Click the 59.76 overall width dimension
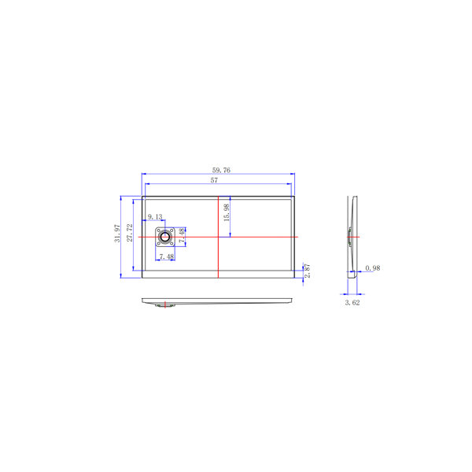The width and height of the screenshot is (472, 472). tap(221, 170)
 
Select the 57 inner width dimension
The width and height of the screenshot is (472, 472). tap(214, 180)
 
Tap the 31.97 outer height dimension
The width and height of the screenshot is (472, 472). tap(116, 234)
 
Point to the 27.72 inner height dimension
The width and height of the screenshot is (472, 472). tap(130, 233)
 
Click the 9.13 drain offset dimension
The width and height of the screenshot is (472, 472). tap(155, 217)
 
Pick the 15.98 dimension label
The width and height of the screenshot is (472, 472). tap(227, 212)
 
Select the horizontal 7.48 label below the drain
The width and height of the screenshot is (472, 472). tap(167, 256)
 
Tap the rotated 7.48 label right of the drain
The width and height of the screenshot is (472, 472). tap(182, 235)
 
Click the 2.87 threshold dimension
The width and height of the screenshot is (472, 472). tap(307, 271)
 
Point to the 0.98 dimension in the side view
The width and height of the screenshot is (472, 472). tap(373, 268)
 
